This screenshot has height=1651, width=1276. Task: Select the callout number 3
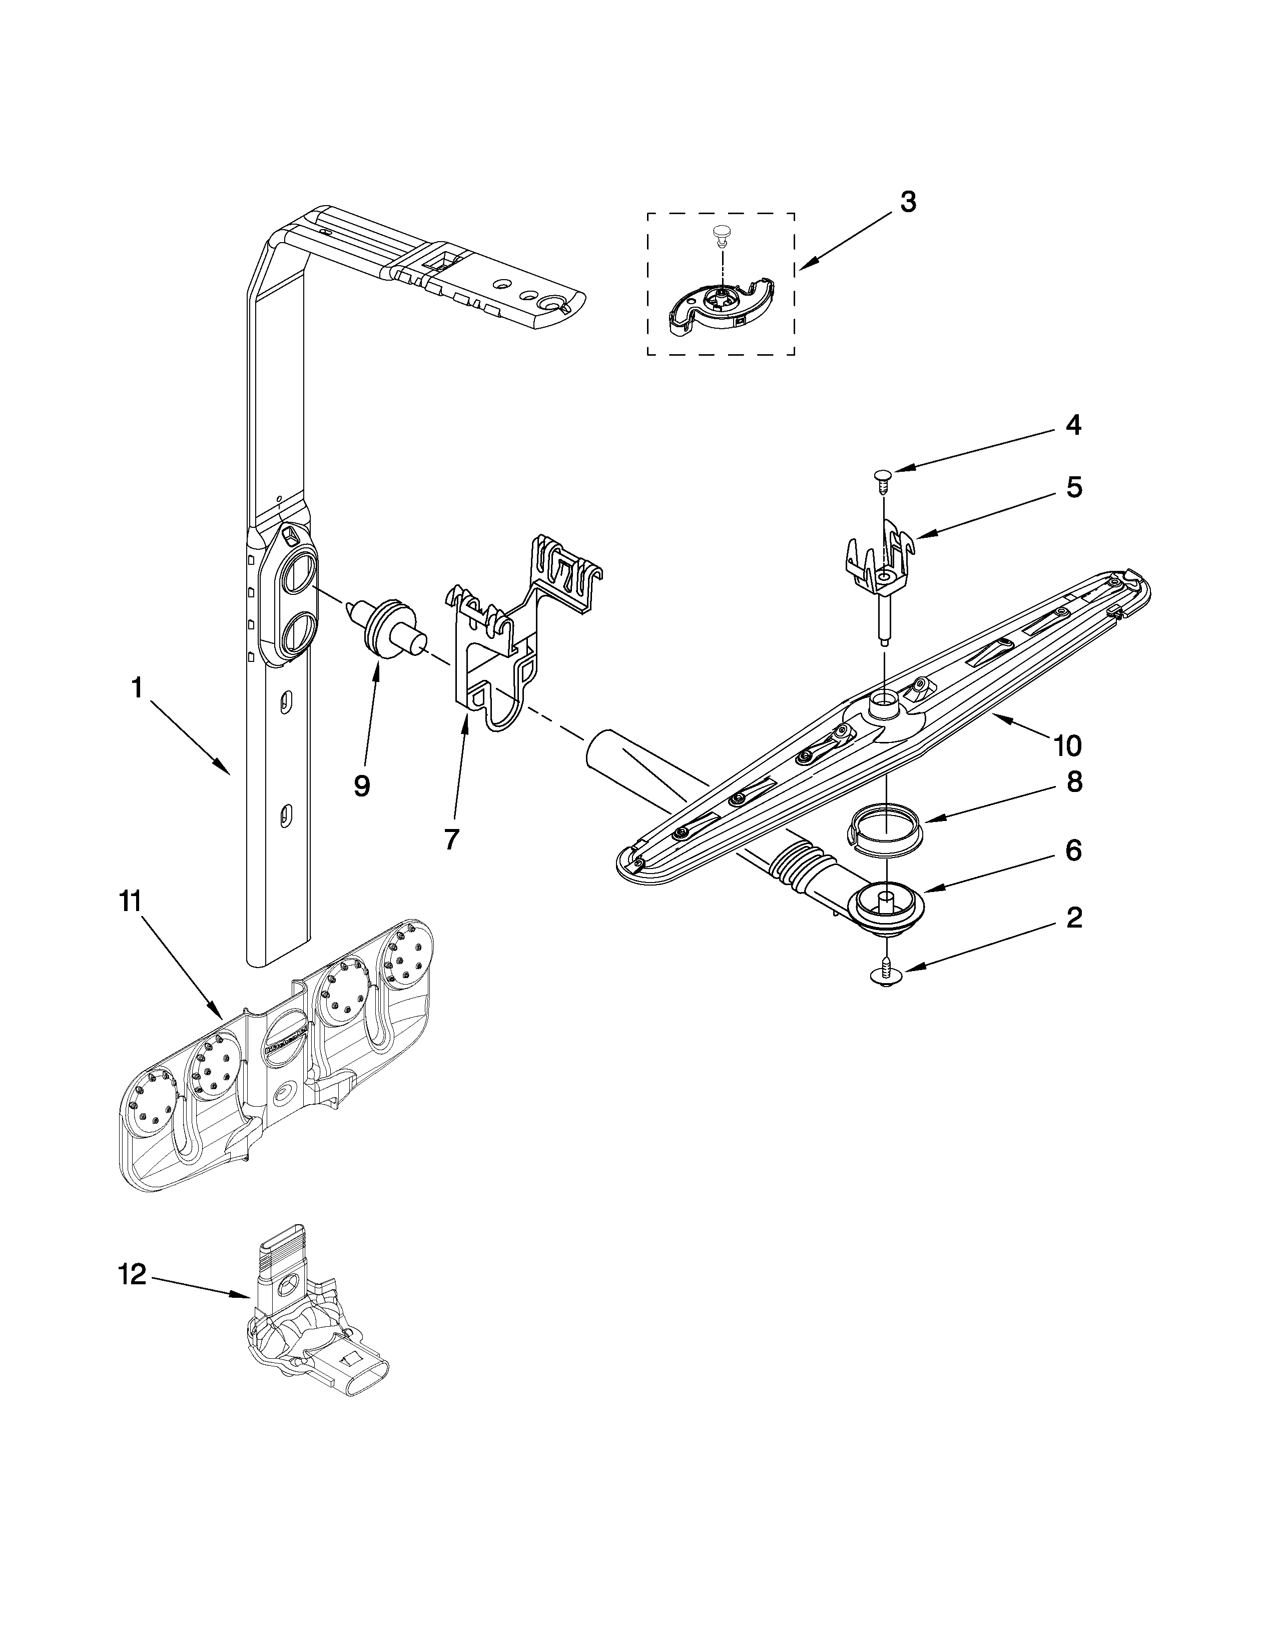click(x=908, y=202)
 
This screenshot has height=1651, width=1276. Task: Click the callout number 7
click(x=451, y=839)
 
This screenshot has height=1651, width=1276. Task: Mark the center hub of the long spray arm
click(x=883, y=707)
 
